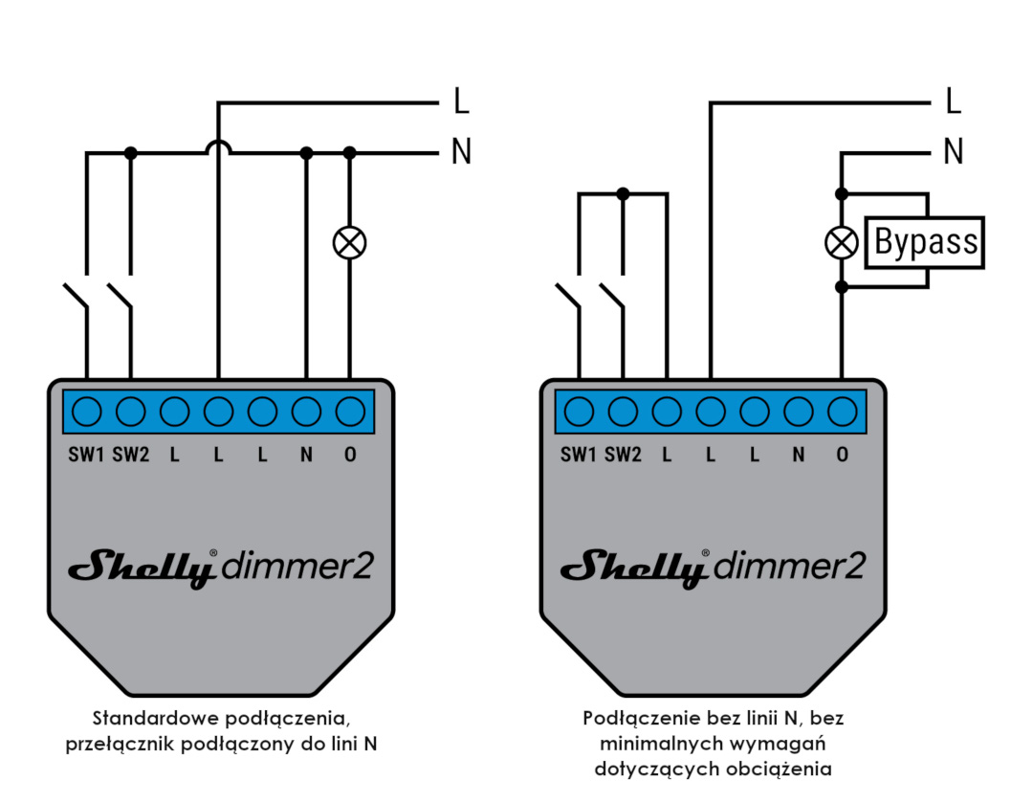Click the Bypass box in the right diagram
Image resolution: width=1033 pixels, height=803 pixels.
[x=924, y=242]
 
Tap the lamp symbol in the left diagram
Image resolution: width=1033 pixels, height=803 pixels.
[x=350, y=242]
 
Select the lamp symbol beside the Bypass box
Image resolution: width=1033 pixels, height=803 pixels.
[x=842, y=242]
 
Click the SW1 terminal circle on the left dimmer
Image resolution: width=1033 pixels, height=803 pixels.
[x=86, y=413]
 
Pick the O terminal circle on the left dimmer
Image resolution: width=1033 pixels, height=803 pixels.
[x=350, y=413]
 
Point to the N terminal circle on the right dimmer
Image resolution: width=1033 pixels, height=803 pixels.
[x=798, y=413]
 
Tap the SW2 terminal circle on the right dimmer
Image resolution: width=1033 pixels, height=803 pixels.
[x=623, y=413]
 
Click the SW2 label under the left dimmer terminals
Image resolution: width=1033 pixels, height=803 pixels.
[x=130, y=455]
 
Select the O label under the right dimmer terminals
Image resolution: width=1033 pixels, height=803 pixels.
[x=842, y=455]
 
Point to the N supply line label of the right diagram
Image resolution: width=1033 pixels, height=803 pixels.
[x=954, y=151]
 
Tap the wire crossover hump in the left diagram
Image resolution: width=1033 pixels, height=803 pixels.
[x=218, y=146]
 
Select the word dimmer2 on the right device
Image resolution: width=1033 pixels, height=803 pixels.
[x=788, y=566]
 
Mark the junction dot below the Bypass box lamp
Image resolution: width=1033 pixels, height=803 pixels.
[x=842, y=287]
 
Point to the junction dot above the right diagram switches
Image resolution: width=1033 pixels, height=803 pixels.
[x=623, y=194]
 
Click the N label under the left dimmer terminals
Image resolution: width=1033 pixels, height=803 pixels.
[x=306, y=455]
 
